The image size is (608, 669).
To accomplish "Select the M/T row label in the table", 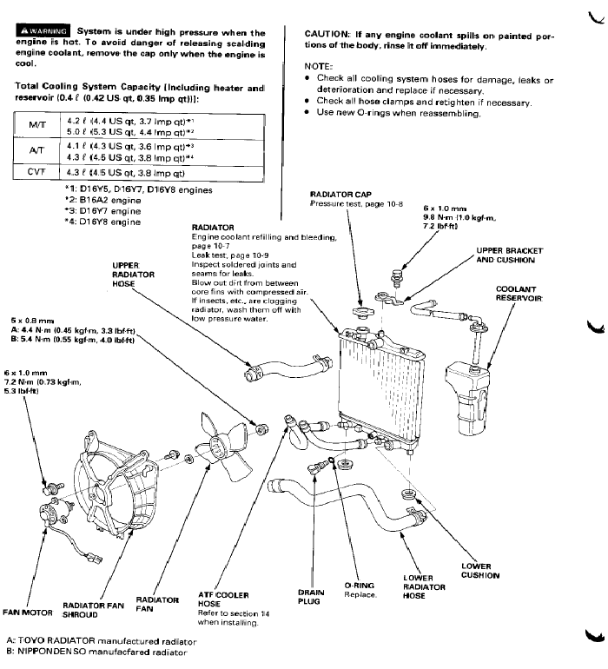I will click(x=37, y=125).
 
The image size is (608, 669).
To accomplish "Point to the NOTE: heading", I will click(x=319, y=67).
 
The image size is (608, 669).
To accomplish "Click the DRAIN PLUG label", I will click(x=310, y=596).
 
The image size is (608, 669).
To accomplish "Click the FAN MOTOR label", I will click(x=25, y=610).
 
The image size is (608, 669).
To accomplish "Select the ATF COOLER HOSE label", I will click(x=224, y=599).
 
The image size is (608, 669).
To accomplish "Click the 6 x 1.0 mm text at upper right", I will click(x=446, y=209).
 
